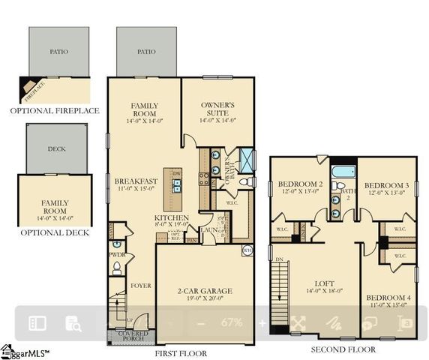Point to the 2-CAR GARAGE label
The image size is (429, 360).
pos(205,291)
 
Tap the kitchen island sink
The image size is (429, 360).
pos(177,184)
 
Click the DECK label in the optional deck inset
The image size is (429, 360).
pos(57,148)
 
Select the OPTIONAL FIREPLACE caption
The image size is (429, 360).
pos(54,111)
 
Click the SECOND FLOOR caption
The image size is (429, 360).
pos(343,349)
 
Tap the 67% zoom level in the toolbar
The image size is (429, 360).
pos(232,322)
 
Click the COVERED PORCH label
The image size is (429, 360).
pos(132,335)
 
